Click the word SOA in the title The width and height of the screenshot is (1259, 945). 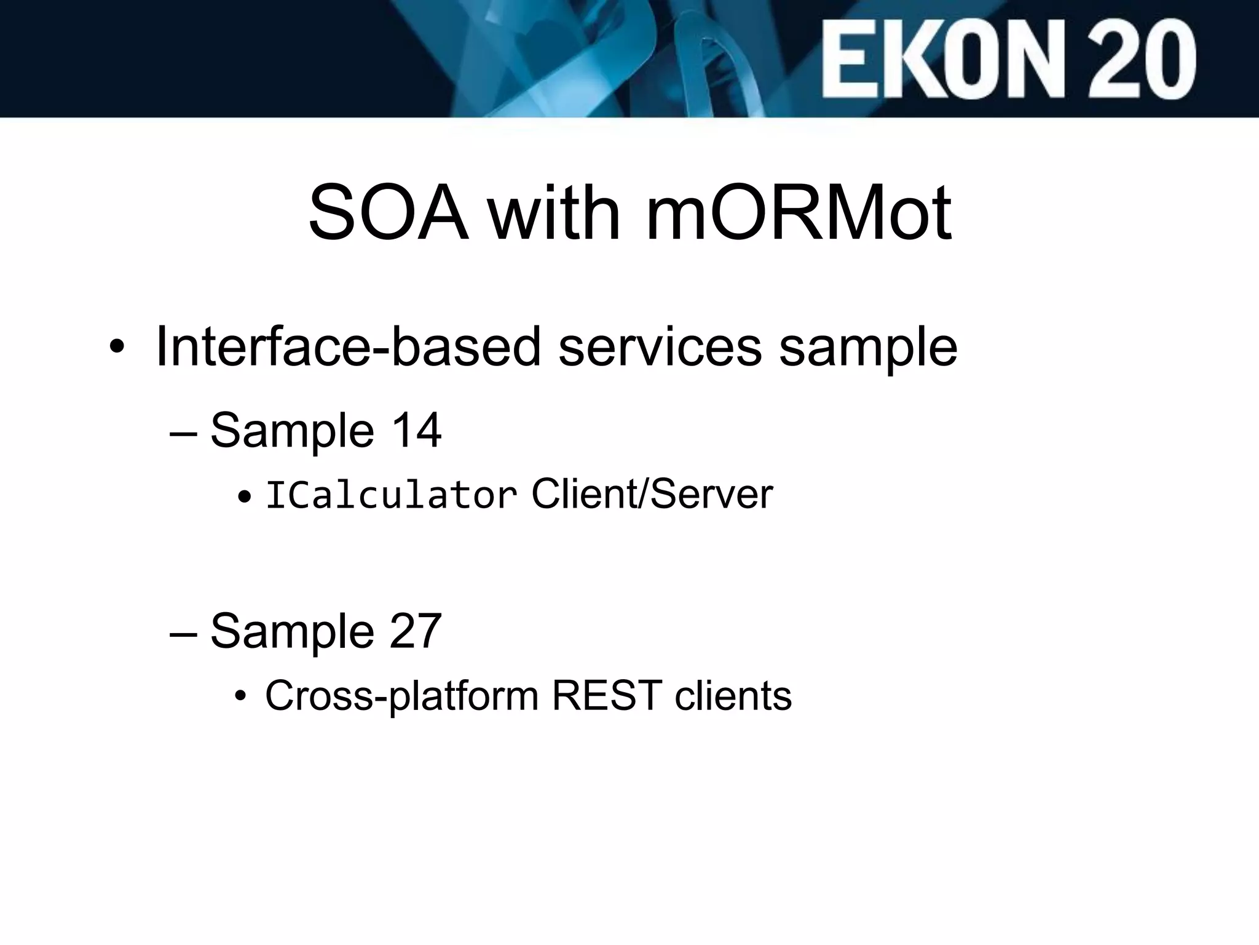pos(388,213)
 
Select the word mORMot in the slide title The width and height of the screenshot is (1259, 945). pos(799,213)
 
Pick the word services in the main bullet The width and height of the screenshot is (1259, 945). pos(660,347)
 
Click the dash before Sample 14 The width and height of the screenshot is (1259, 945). pos(183,433)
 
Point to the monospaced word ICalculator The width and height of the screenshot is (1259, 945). pos(391,495)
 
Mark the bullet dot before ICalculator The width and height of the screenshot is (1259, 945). pos(245,496)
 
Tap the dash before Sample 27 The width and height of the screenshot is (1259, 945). pos(183,634)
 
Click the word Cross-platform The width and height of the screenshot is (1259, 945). pos(401,696)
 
